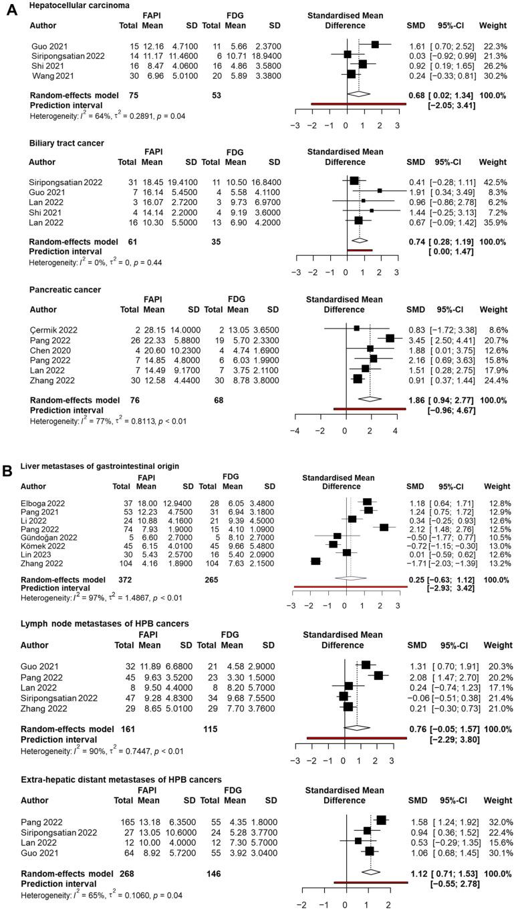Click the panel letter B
[8, 470]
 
